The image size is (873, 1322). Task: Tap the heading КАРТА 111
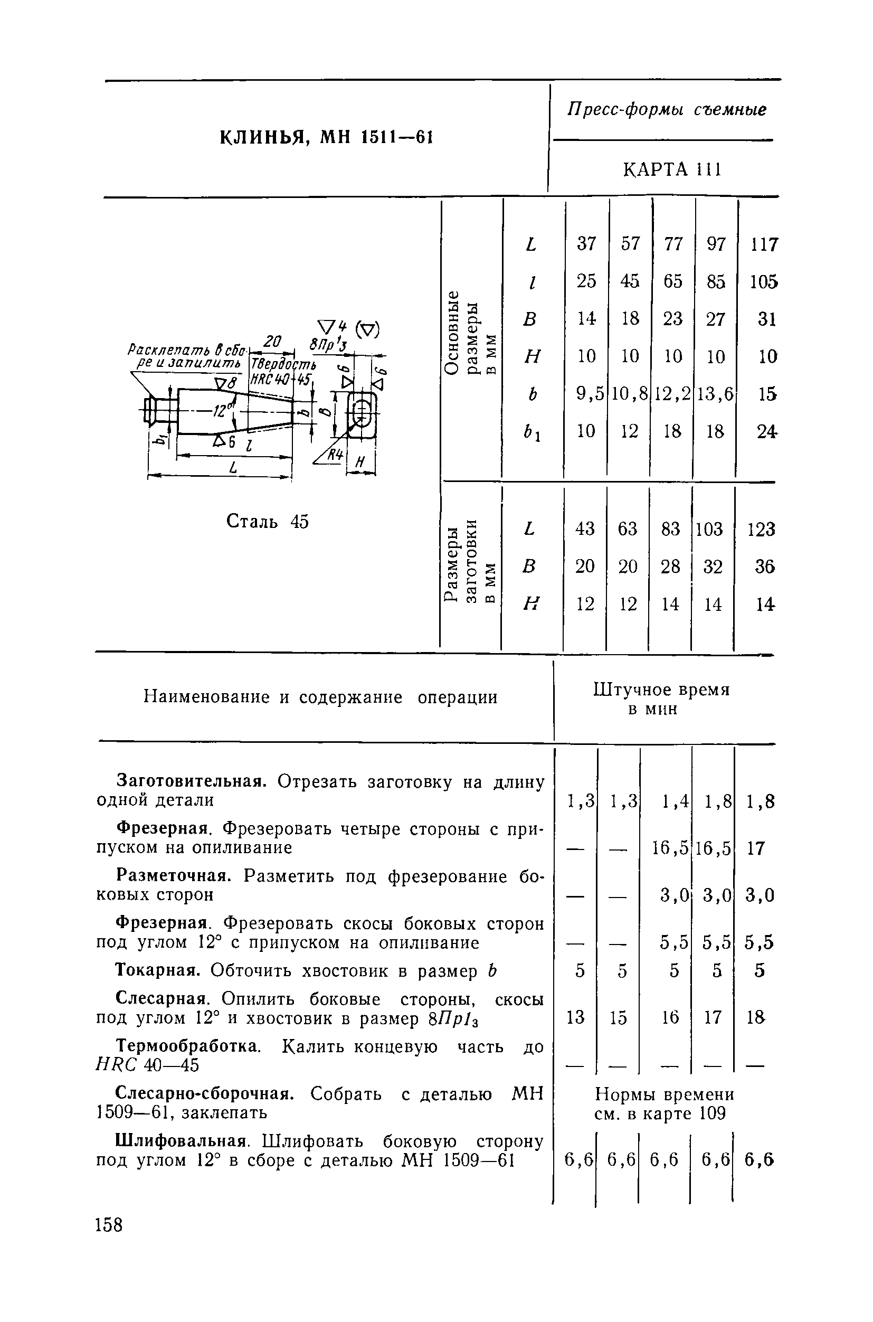point(672,169)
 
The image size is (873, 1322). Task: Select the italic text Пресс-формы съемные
point(667,110)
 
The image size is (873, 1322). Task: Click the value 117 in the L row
point(764,244)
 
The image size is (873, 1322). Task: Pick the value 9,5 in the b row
point(590,394)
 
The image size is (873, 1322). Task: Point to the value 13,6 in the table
point(715,394)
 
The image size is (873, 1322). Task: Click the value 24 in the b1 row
point(766,431)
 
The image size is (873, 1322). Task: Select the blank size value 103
point(709,528)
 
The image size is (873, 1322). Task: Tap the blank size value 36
point(764,566)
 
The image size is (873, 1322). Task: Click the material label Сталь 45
point(267,522)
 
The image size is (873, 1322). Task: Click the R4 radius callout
point(334,455)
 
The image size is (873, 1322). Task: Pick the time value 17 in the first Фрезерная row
point(755,848)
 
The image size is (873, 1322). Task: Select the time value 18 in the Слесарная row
point(755,1017)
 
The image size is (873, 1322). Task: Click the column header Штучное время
point(661,690)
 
